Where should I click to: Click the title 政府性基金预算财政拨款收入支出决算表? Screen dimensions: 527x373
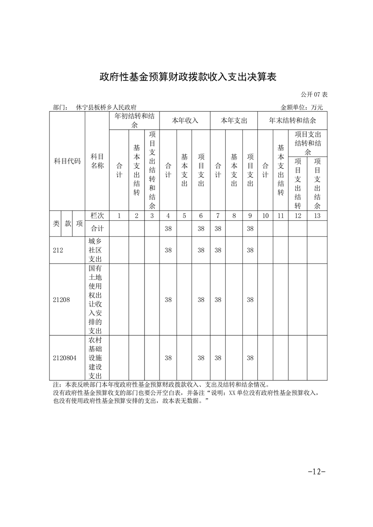pos(187,77)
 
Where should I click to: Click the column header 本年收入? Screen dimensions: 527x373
pos(185,120)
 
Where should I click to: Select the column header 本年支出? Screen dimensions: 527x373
pos(234,120)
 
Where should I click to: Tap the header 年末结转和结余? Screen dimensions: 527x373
pos(292,120)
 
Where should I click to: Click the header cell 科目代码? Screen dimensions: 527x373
pos(67,161)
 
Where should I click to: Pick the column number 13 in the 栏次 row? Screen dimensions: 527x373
pos(317,216)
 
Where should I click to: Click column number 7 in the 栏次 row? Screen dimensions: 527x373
pos(218,216)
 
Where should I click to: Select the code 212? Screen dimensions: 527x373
pos(58,250)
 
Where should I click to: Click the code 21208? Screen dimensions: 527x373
pos(61,300)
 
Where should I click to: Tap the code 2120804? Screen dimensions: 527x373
pos(64,358)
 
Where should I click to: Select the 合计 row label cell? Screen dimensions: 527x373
pos(97,228)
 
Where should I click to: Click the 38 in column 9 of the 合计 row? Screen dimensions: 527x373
pos(250,228)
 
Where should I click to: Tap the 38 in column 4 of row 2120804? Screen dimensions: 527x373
pos(168,358)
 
